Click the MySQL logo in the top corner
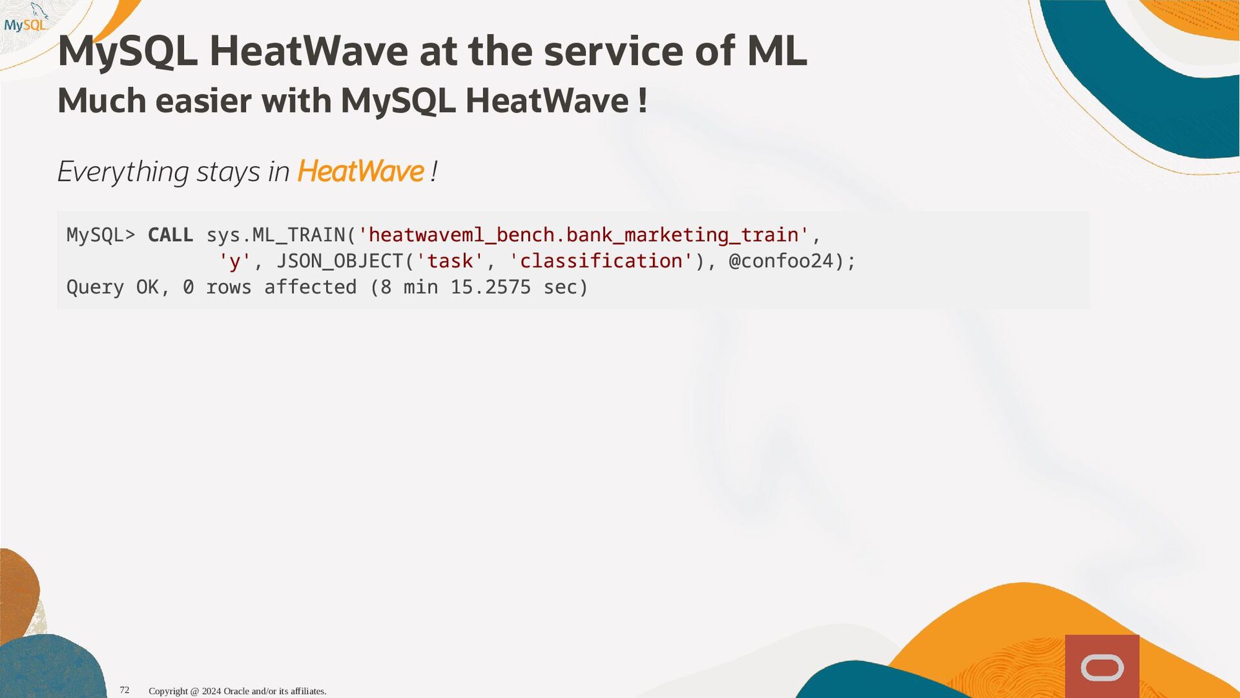26,19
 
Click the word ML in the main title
777,51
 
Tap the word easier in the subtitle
203,101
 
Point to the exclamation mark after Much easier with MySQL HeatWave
642,101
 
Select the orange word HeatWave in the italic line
360,171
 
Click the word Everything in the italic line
123,173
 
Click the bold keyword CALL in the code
170,235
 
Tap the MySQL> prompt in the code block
101,235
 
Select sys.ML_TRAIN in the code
276,235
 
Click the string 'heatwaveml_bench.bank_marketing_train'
583,235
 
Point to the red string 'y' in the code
234,261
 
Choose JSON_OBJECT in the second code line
340,261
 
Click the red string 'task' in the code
450,261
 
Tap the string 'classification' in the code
601,261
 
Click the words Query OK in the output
112,287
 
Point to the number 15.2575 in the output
491,287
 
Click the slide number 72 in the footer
125,690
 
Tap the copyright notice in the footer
238,691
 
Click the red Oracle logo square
1102,666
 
